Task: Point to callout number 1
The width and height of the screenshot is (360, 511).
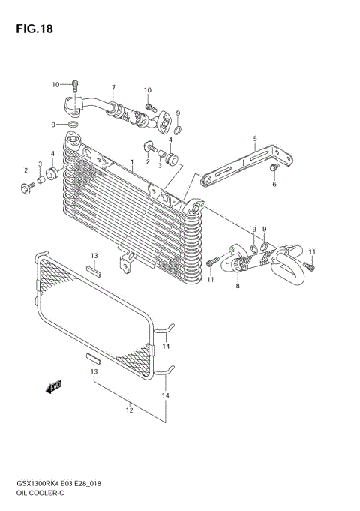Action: pyautogui.click(x=132, y=162)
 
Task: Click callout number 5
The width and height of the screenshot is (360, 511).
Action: pyautogui.click(x=255, y=138)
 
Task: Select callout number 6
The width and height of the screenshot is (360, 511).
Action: pyautogui.click(x=274, y=184)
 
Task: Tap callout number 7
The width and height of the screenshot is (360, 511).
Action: pyautogui.click(x=113, y=87)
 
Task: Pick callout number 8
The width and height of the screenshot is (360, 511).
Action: pyautogui.click(x=237, y=285)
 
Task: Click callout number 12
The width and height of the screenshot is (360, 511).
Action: pyautogui.click(x=129, y=410)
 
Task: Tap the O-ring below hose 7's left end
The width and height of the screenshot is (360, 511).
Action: pyautogui.click(x=72, y=124)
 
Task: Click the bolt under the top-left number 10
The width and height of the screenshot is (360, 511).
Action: pyautogui.click(x=76, y=85)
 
